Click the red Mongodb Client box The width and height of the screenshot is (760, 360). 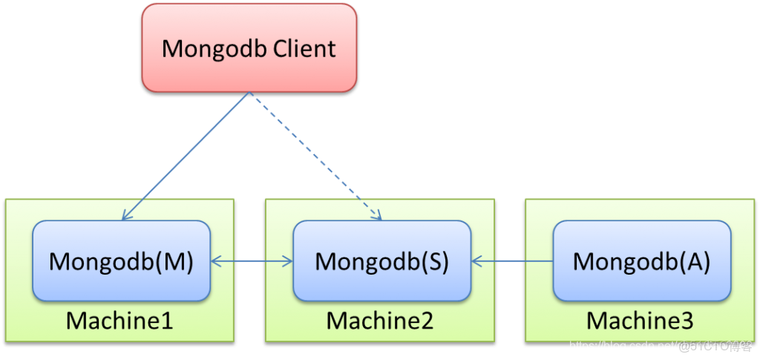coord(249,48)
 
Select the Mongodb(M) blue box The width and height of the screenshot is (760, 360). coord(121,261)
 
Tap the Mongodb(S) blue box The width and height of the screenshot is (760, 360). coord(381,261)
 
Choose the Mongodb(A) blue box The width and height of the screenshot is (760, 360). coord(642,261)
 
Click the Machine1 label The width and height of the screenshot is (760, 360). coord(119,321)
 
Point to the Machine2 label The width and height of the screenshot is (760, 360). coord(380,321)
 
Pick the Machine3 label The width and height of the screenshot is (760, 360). coord(640,321)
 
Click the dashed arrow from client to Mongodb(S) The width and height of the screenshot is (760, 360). coord(315,157)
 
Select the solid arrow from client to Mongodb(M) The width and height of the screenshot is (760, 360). coord(186,156)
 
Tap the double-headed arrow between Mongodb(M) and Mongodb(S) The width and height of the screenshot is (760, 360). coord(252,261)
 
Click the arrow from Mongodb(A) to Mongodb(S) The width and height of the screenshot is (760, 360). coord(512,261)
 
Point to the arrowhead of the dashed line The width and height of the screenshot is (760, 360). coord(378,216)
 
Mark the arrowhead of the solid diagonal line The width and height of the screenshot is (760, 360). coord(126,216)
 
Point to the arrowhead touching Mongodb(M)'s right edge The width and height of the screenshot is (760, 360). coord(215,261)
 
